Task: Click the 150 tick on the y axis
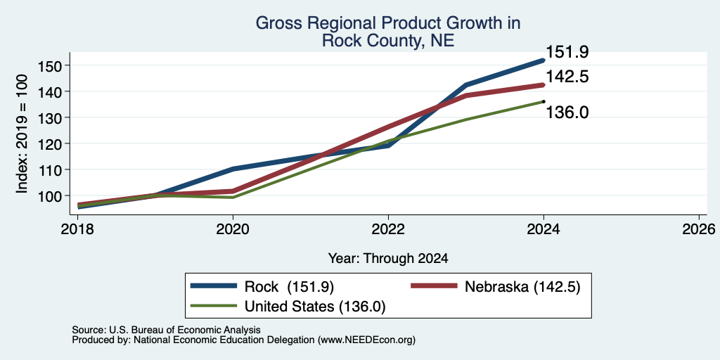[49, 65]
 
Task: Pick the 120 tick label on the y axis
[49, 143]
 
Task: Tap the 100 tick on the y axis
[49, 196]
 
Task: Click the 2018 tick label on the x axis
[78, 229]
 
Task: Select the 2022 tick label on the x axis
[388, 229]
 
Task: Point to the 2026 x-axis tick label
[699, 229]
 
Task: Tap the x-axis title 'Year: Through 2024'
[388, 259]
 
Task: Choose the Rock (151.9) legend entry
[262, 287]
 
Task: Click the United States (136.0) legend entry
[288, 307]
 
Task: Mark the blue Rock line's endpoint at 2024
[544, 60]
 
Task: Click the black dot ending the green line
[544, 101]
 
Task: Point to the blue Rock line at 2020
[233, 169]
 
